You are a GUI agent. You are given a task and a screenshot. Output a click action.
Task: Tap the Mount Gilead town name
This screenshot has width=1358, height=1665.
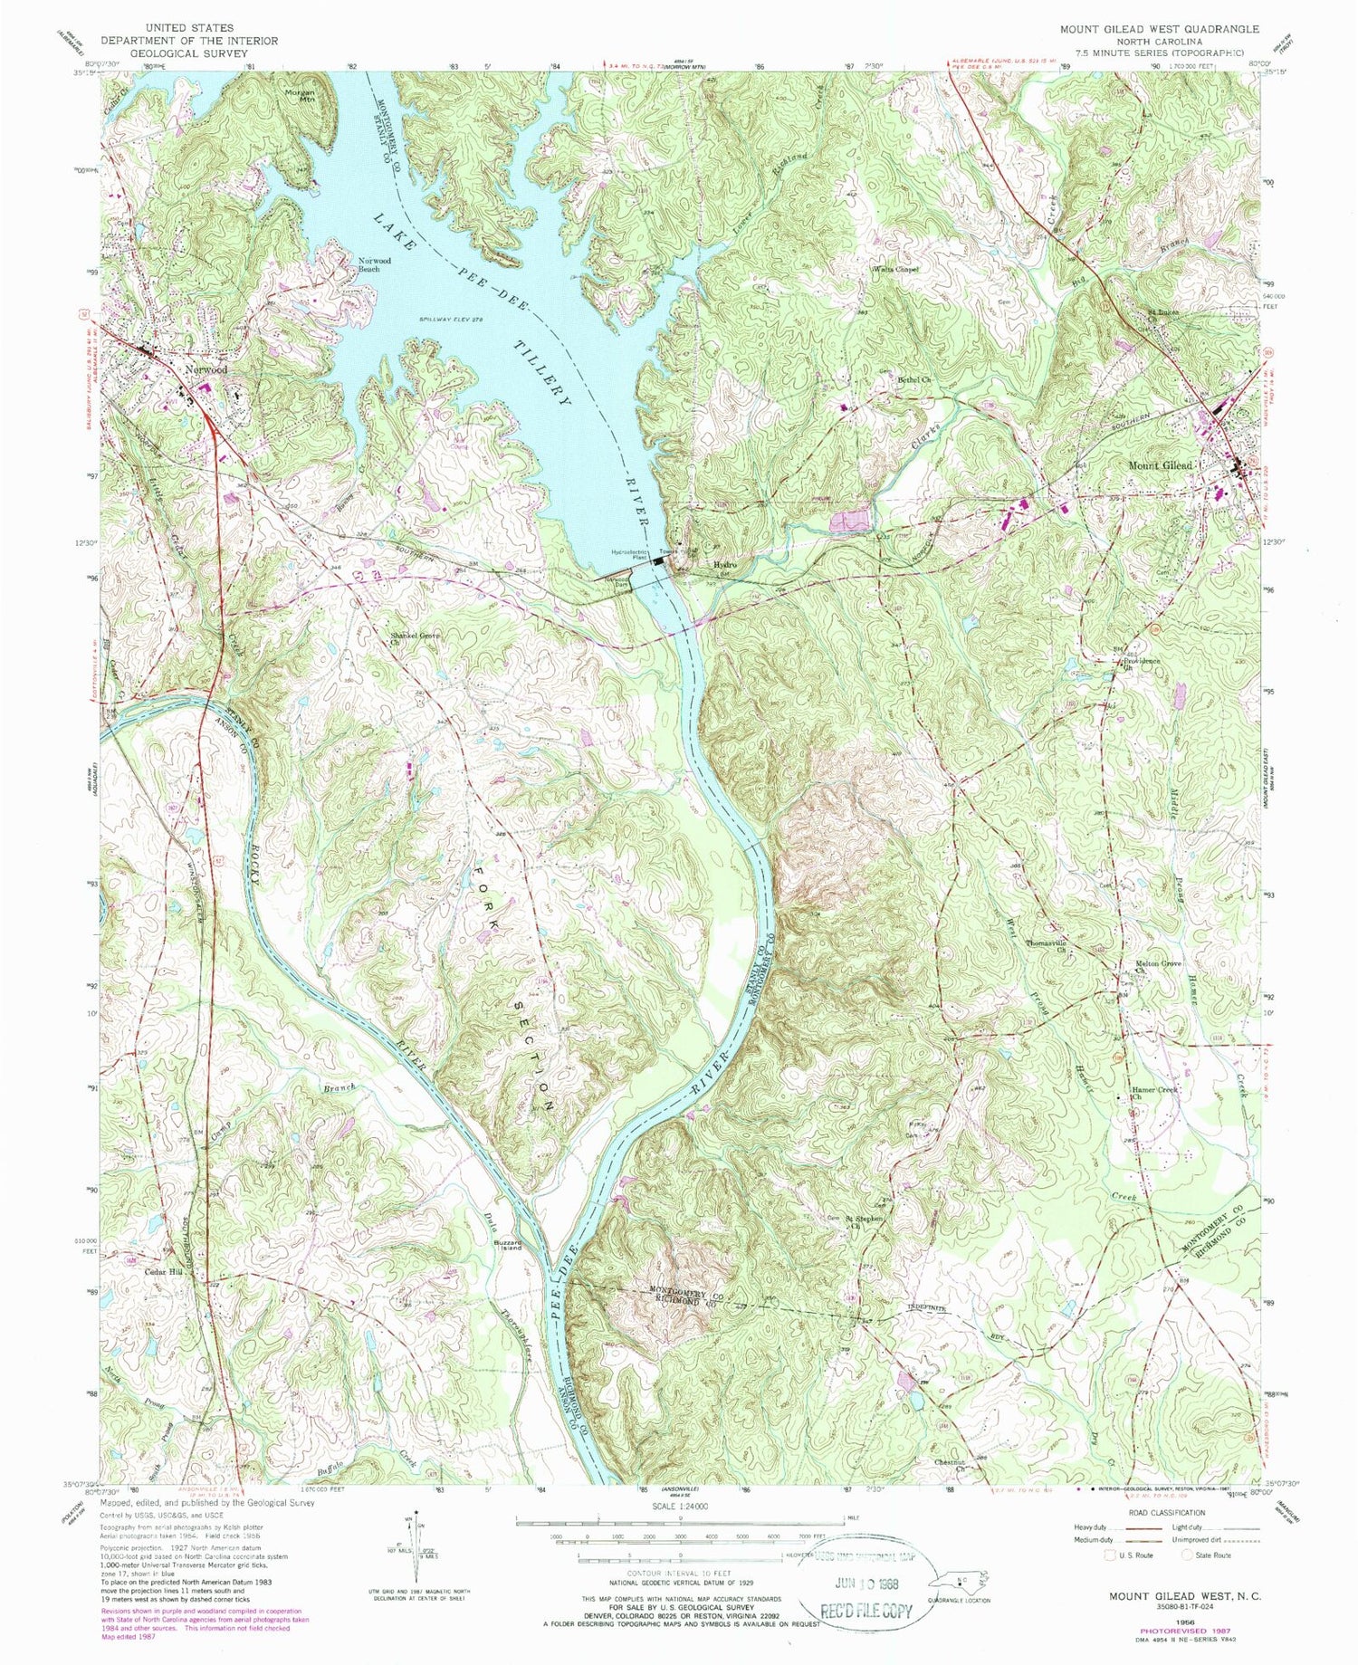(1161, 465)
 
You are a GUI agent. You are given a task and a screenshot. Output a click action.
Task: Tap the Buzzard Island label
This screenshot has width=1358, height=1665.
(507, 1244)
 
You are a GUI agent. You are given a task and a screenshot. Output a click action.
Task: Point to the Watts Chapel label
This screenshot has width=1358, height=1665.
(894, 269)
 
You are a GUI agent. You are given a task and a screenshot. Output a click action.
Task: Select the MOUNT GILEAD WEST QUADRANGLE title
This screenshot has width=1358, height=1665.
(1159, 30)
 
